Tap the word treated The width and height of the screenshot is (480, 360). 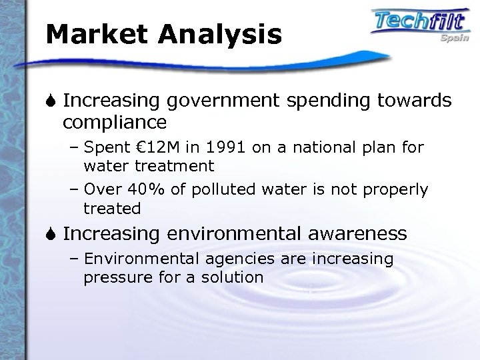click(112, 209)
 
